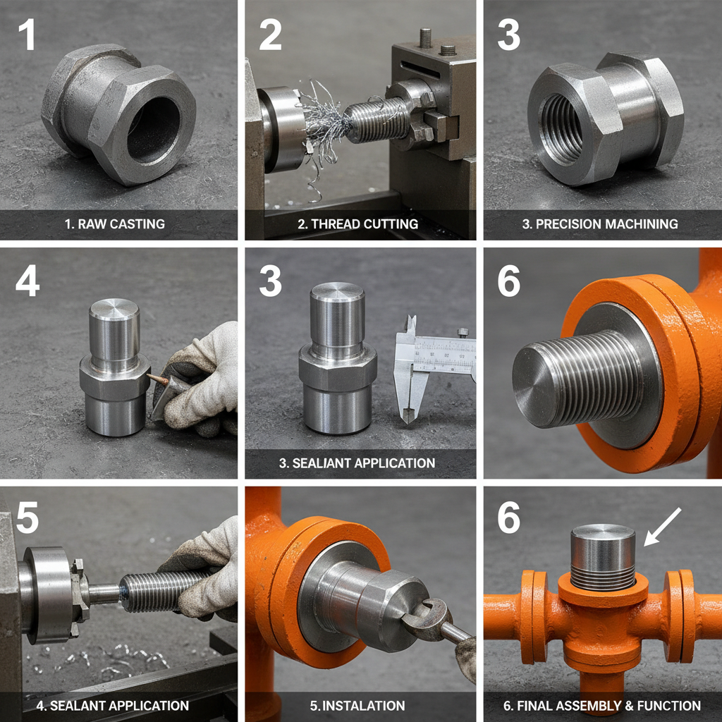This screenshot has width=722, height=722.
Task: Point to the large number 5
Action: coord(27,519)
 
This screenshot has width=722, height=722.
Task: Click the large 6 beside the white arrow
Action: coord(509,519)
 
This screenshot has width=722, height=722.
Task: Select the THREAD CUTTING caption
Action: coord(357,224)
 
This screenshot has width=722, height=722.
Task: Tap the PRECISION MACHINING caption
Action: coord(600,224)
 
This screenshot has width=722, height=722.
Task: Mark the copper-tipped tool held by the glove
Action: coord(158,381)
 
